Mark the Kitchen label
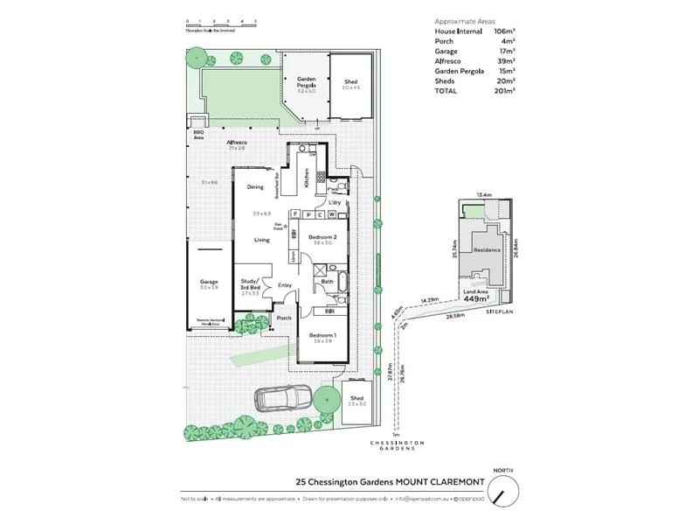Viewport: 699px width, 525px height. [x=307, y=179]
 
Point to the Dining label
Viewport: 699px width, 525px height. [x=255, y=187]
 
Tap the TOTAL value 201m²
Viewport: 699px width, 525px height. [x=504, y=90]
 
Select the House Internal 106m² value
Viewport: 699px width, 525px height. [x=504, y=31]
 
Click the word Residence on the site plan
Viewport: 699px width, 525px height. [x=487, y=250]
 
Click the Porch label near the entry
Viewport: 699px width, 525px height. [x=283, y=318]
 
